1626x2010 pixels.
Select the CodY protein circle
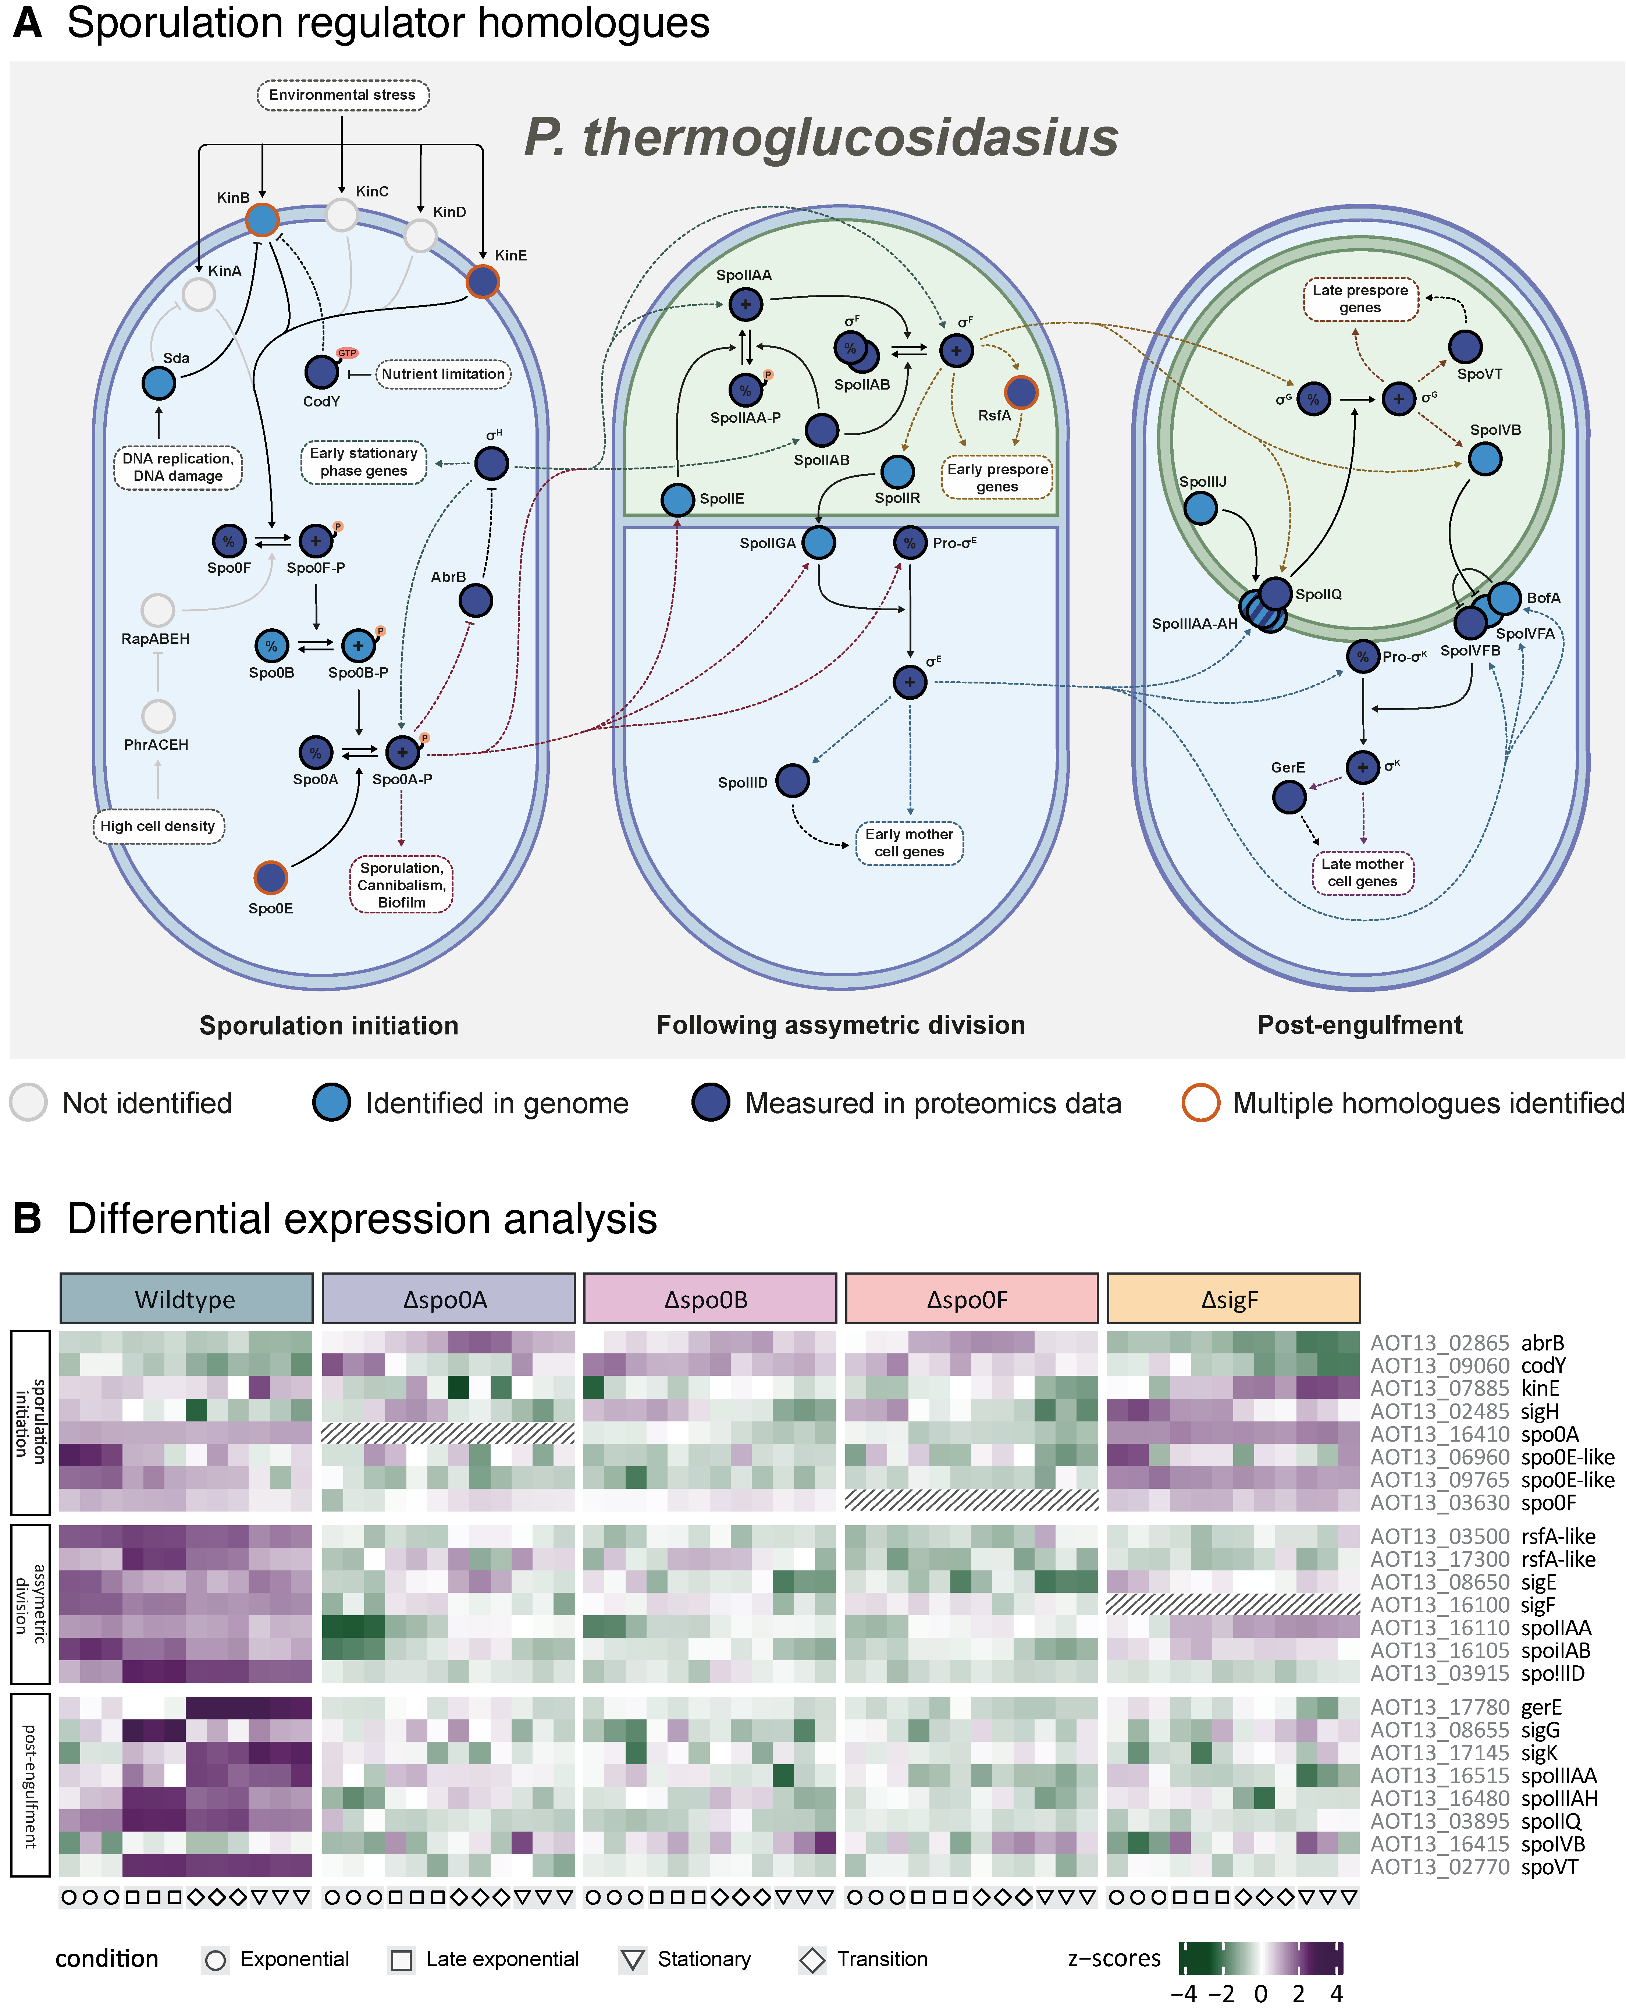coord(321,372)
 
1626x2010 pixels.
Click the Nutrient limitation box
coord(443,374)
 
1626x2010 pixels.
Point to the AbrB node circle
coord(476,600)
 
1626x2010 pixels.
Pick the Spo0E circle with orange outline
coord(271,878)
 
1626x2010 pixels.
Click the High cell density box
coord(158,826)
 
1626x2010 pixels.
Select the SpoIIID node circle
coord(792,780)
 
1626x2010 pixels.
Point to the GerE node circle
coord(1289,796)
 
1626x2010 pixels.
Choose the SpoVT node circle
coord(1465,347)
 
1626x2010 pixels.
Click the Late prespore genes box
coord(1360,299)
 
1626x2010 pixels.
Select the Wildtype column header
coord(185,1299)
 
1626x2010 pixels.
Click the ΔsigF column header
coord(1232,1299)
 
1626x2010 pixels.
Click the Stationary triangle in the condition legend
coord(633,1960)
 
